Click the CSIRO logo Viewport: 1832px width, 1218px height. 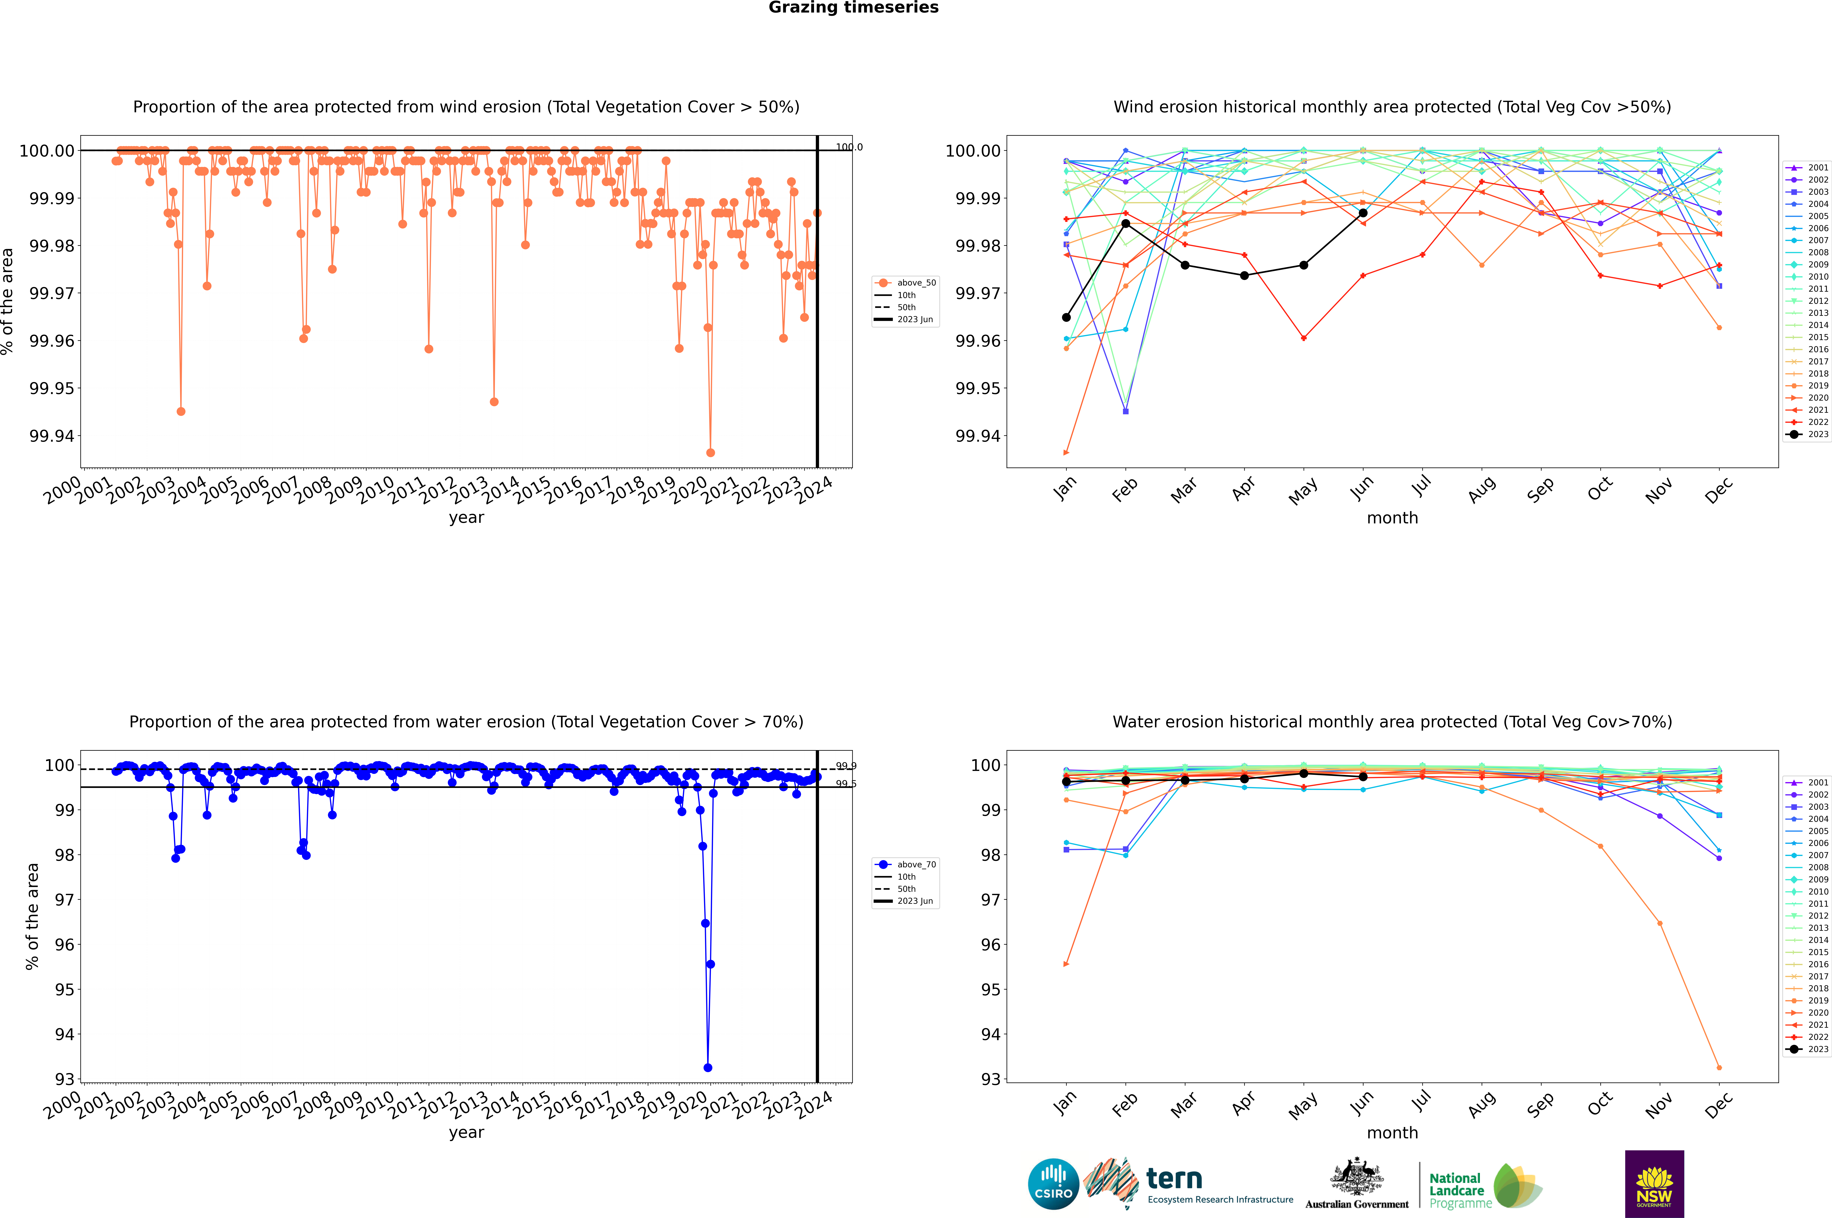click(x=1053, y=1184)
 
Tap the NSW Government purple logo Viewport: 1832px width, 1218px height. click(x=1654, y=1184)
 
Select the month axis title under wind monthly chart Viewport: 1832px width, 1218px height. click(x=1392, y=518)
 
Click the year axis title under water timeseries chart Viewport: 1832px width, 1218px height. click(x=466, y=1133)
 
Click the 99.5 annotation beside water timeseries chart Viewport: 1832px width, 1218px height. click(x=846, y=784)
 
